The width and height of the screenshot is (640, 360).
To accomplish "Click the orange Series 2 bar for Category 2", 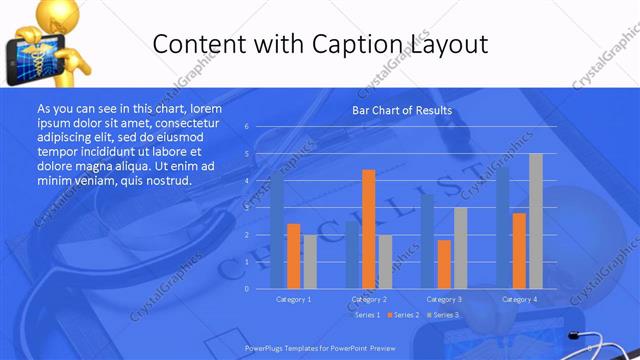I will pyautogui.click(x=368, y=228).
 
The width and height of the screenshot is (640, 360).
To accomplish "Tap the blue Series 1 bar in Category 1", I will pyautogui.click(x=277, y=231).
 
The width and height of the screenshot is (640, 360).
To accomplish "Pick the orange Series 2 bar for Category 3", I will pyautogui.click(x=443, y=263).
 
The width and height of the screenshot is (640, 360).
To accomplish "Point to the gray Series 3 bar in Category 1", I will pyautogui.click(x=310, y=261).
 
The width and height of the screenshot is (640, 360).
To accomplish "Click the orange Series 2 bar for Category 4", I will pyautogui.click(x=519, y=250).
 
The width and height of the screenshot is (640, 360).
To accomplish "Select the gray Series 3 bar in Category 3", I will pyautogui.click(x=460, y=247).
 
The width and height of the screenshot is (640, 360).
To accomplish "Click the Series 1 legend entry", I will pyautogui.click(x=366, y=315).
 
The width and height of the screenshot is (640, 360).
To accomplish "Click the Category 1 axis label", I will pyautogui.click(x=294, y=299).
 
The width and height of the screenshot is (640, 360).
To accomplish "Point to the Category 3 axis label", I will pyautogui.click(x=444, y=299).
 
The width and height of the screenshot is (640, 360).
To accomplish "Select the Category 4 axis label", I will pyautogui.click(x=519, y=299).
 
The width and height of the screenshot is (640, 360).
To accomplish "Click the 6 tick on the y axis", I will pyautogui.click(x=246, y=127).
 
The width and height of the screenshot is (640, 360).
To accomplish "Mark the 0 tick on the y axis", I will pyautogui.click(x=246, y=288).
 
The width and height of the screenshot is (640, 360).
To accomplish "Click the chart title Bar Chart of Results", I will pyautogui.click(x=402, y=110).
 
